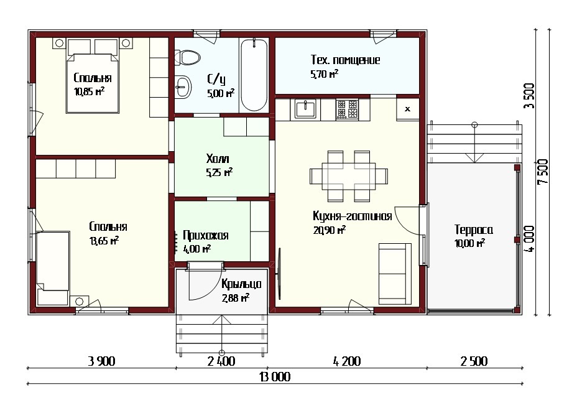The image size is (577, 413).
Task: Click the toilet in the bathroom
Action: point(187,57)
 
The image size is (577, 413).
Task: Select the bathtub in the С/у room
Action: point(254,75)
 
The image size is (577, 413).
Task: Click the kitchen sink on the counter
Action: point(305,109)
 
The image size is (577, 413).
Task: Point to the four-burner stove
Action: point(347,109)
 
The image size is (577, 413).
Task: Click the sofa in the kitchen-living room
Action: point(395,274)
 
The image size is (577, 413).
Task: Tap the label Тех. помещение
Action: point(345,60)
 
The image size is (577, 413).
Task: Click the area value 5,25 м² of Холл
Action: point(219,172)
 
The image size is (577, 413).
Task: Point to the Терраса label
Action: point(474,230)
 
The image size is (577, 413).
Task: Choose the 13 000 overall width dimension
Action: point(275,376)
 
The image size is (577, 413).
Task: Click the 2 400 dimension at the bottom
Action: point(221,361)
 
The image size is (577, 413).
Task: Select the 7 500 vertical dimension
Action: point(542,172)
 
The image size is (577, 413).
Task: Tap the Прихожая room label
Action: point(206,235)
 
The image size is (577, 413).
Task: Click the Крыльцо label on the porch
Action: point(241,284)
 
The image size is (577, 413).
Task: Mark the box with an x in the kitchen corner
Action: point(408,109)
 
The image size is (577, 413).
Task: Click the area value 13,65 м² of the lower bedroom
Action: point(104,241)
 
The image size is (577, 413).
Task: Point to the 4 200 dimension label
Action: point(347,361)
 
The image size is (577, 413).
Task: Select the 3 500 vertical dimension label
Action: point(529,96)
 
